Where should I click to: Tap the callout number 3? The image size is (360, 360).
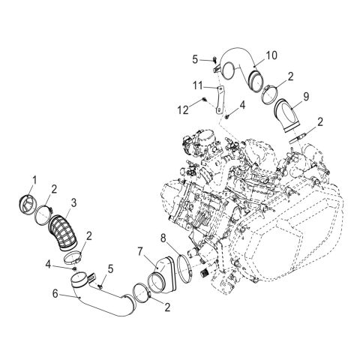point(73,202)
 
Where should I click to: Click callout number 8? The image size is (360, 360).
point(163,239)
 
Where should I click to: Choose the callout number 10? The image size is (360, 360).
point(271,55)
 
